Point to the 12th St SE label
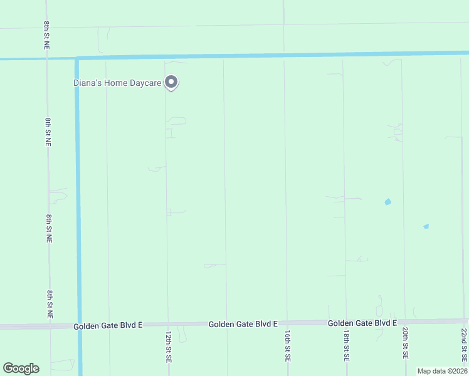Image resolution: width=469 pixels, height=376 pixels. pos(169,347)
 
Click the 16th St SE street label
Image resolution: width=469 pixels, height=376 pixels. pos(287,347)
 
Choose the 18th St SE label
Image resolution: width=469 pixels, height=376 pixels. pos(346,347)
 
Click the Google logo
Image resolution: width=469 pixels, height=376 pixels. pos(21,368)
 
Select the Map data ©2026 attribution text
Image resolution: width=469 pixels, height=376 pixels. pos(442,371)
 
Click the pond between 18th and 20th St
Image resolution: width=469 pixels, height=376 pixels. pos(387,202)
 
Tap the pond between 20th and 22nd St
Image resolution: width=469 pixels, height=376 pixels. pos(426,226)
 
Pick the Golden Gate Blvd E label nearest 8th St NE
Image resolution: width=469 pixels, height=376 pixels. pos(108,326)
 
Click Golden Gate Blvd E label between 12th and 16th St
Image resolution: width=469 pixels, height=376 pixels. pos(243,324)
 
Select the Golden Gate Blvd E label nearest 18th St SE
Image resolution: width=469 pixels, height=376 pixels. pos(362,323)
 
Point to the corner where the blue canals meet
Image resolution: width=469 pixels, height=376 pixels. pos(77,59)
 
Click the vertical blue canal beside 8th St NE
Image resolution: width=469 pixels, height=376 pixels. pos(78,188)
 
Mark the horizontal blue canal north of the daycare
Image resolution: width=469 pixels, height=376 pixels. pos(282,55)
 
